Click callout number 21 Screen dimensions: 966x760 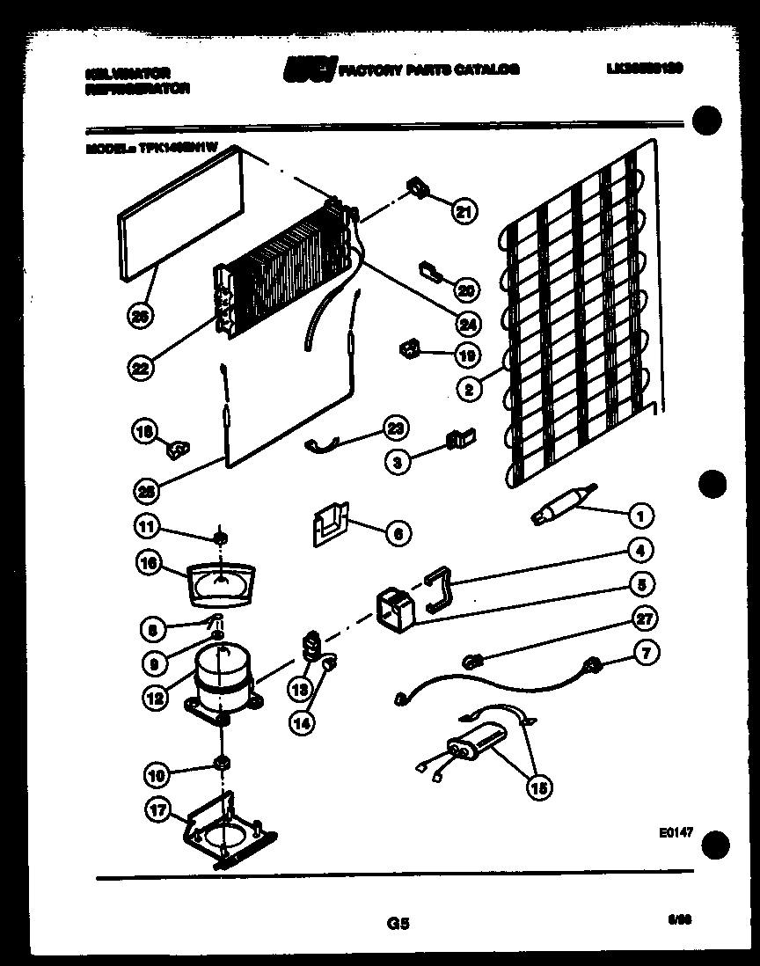coord(464,210)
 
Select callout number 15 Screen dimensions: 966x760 coord(540,788)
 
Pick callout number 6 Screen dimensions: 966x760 coord(398,532)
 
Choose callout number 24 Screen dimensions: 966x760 coord(468,323)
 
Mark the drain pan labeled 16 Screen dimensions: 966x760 coord(218,583)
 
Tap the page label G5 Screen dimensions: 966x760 coord(398,924)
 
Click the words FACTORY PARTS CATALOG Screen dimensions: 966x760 coord(429,69)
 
